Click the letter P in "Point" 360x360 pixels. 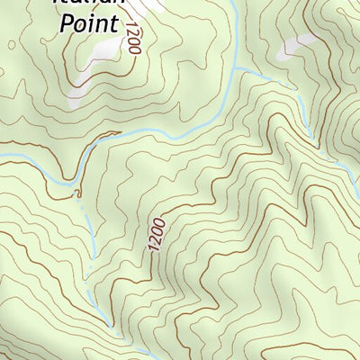pos(66,22)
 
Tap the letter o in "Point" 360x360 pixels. pos(80,23)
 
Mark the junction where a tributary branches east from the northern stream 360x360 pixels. pos(235,68)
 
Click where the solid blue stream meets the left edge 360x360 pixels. pos(1,157)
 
